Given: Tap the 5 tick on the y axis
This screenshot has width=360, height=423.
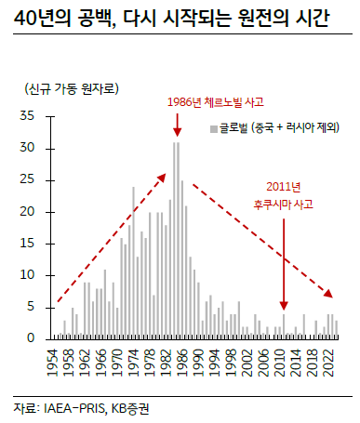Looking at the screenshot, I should pos(30,307).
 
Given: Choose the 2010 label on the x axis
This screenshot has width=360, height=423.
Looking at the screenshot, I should pos(276,358).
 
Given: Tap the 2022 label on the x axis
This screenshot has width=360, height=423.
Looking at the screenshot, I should pos(327,358).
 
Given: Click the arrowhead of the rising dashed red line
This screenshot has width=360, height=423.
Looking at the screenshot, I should pos(165,177).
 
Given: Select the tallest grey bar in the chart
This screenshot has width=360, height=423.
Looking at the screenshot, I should pos(174,240).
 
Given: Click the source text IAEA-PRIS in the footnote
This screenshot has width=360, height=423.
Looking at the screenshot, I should pos(71,407).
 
